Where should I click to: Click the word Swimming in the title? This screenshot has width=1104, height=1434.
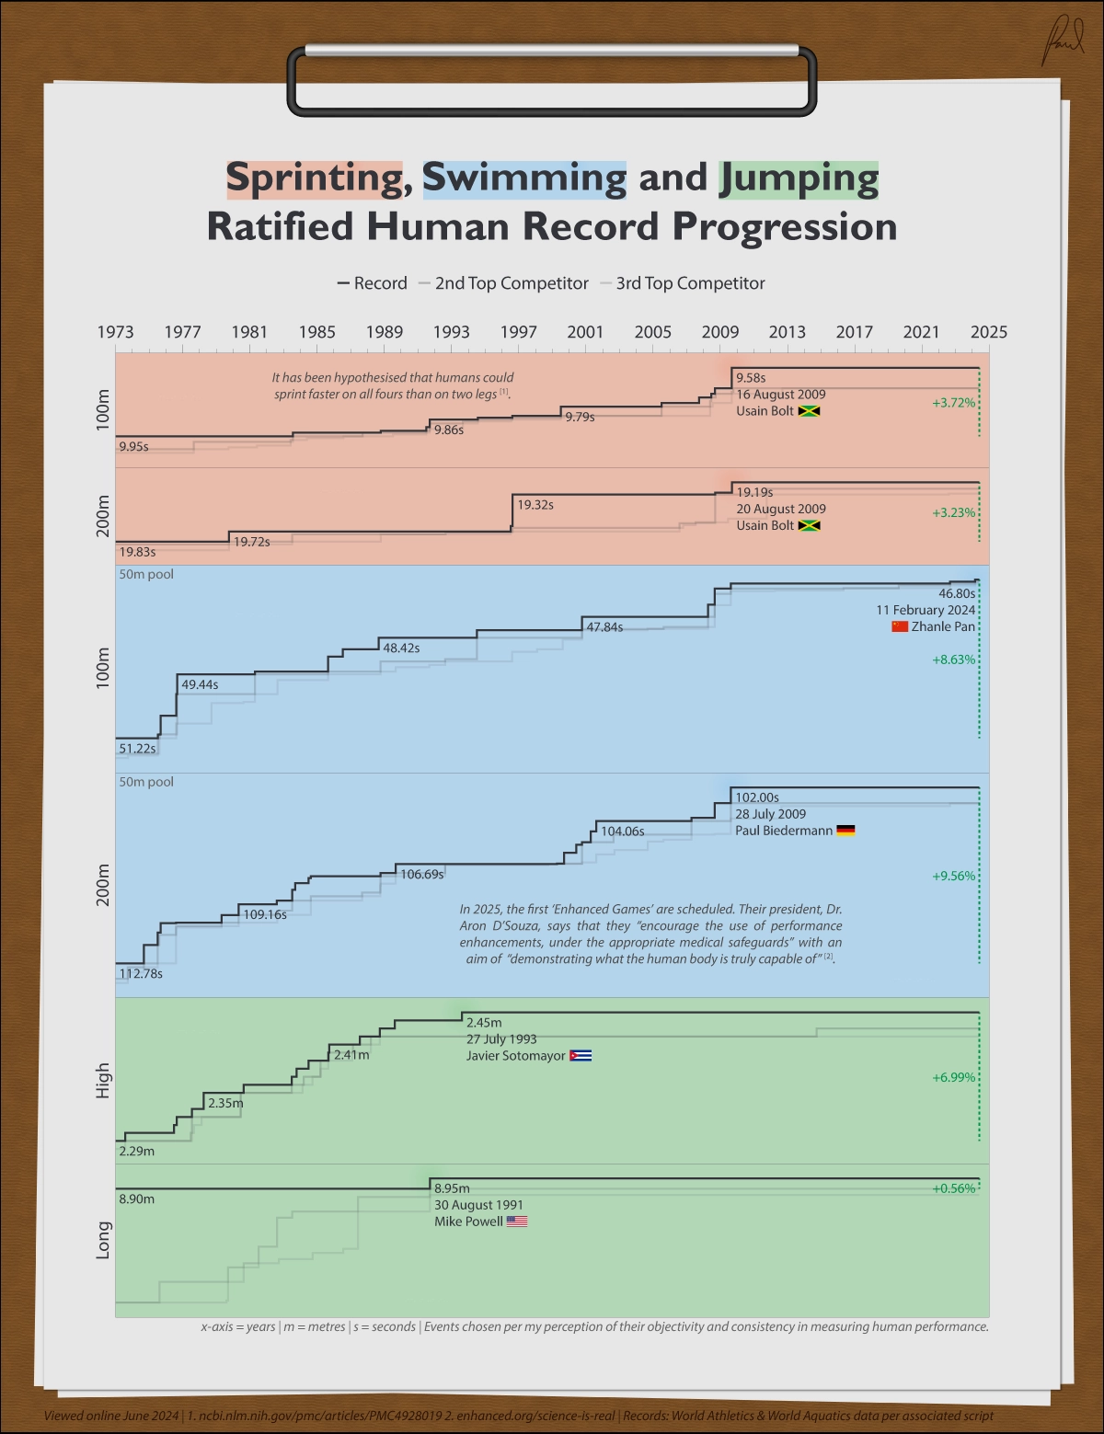[524, 178]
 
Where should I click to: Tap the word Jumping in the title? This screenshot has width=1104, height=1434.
[799, 178]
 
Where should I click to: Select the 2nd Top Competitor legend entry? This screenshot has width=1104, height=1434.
[512, 283]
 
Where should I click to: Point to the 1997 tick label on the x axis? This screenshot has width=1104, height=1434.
[518, 332]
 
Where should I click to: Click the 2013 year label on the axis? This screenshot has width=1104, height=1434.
[787, 332]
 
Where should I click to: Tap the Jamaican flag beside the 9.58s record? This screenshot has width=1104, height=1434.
[809, 411]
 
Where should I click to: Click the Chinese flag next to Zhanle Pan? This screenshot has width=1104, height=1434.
[900, 626]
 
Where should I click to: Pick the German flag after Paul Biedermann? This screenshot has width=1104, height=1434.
[845, 831]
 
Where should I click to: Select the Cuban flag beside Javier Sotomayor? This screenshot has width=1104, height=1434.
[581, 1056]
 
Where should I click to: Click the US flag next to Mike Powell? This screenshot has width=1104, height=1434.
[517, 1222]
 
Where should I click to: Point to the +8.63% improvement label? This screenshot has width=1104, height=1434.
[953, 660]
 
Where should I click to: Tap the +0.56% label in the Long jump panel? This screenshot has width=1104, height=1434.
[953, 1188]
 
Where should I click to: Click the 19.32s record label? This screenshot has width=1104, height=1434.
[535, 505]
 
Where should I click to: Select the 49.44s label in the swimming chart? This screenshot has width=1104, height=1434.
[200, 684]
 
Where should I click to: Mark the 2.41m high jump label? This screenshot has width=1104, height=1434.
[351, 1055]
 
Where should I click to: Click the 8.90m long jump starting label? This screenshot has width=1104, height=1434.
[136, 1199]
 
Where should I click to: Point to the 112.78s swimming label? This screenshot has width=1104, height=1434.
[141, 973]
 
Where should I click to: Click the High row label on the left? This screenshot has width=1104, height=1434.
[103, 1081]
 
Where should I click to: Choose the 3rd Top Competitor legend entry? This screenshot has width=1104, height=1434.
[690, 283]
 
